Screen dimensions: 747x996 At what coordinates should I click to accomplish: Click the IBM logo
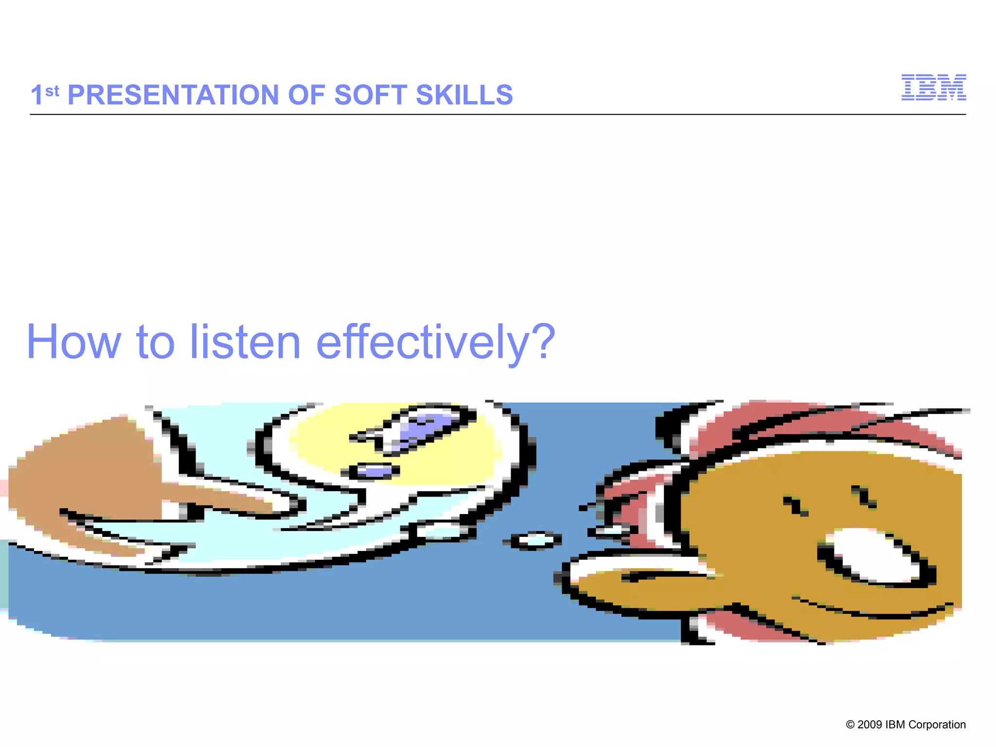(x=933, y=88)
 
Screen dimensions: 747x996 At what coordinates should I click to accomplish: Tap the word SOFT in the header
(x=370, y=95)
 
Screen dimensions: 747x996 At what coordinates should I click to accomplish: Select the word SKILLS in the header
(x=464, y=95)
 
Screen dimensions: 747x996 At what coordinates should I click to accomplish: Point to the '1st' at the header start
(x=44, y=94)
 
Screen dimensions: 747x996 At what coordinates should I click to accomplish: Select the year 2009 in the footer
(x=870, y=725)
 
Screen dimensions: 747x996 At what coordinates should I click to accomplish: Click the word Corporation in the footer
(x=937, y=725)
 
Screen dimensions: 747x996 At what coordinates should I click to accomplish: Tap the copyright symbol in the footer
(x=851, y=725)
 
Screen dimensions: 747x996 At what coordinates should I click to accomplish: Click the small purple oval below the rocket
(x=374, y=470)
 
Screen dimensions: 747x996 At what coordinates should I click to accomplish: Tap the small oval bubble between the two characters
(x=535, y=539)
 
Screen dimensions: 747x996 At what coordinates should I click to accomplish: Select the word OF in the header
(x=306, y=95)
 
